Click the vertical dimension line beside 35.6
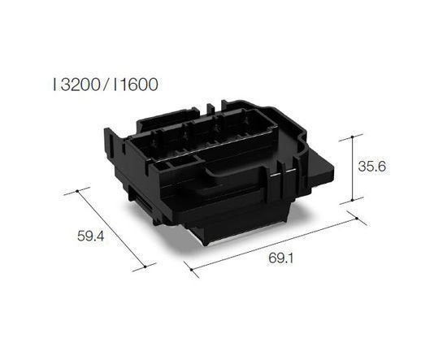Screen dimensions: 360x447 352,167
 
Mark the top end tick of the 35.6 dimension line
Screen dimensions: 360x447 352,134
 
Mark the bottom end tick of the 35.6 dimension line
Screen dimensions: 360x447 352,201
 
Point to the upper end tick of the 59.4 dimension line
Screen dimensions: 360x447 77,191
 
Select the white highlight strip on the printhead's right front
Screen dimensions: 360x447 280,176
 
